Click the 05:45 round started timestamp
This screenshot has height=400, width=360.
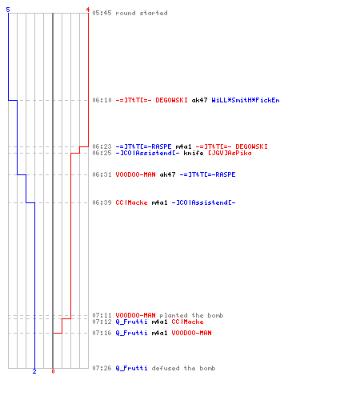pyautogui.click(x=102, y=13)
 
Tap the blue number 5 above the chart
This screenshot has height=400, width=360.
pyautogui.click(x=8, y=10)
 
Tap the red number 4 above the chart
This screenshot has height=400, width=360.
pyautogui.click(x=88, y=10)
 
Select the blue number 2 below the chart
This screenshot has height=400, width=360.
pyautogui.click(x=34, y=371)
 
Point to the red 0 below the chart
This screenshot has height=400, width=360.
pyautogui.click(x=53, y=371)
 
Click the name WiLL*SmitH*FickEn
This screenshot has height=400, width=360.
pyautogui.click(x=246, y=100)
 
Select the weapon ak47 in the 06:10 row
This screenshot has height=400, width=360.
pyautogui.click(x=199, y=100)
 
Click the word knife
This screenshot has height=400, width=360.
pyautogui.click(x=194, y=153)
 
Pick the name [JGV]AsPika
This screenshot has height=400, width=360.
pyautogui.click(x=230, y=153)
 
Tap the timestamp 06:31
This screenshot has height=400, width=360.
pyautogui.click(x=102, y=174)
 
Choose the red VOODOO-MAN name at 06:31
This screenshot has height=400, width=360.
pyautogui.click(x=135, y=174)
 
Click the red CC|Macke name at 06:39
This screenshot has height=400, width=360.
pyautogui.click(x=131, y=202)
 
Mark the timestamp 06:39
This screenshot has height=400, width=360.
pyautogui.click(x=102, y=202)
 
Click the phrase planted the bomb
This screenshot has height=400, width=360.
pyautogui.click(x=191, y=315)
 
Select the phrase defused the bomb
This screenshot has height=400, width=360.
pyautogui.click(x=183, y=368)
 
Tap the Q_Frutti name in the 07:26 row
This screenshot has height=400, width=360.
pyautogui.click(x=131, y=368)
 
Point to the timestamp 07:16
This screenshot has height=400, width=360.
pyautogui.click(x=102, y=333)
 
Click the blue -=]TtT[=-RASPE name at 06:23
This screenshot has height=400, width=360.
pyautogui.click(x=143, y=146)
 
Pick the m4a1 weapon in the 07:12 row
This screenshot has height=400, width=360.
pyautogui.click(x=159, y=322)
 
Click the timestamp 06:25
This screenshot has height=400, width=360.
pyautogui.click(x=102, y=153)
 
